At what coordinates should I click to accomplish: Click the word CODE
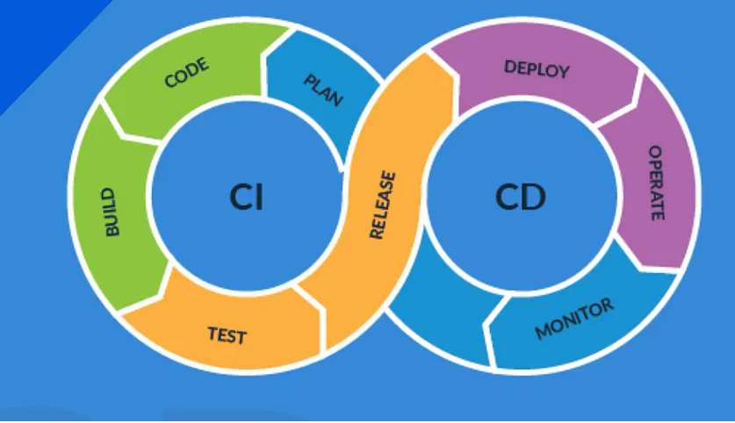(186, 74)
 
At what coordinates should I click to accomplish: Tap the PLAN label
(323, 90)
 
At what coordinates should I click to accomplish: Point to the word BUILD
(112, 211)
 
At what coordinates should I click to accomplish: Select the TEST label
(227, 334)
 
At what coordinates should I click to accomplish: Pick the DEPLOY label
(537, 68)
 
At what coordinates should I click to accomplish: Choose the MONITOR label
(574, 319)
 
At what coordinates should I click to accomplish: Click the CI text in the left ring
(246, 197)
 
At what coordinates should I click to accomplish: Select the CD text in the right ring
(520, 197)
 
